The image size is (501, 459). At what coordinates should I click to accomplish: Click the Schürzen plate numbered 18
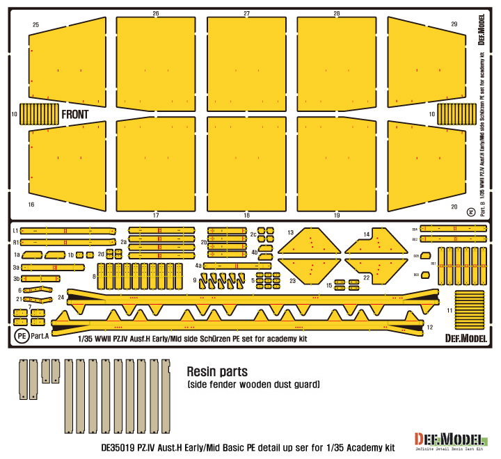247,167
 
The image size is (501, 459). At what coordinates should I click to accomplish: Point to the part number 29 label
454,24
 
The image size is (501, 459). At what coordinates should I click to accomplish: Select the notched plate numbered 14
376,243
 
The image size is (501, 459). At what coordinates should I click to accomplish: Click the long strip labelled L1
68,230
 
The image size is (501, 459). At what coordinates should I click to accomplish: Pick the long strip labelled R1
68,242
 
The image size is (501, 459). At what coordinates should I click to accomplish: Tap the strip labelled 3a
53,266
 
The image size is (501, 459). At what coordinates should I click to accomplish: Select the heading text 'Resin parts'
218,371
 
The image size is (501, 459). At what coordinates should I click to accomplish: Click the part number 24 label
61,297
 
